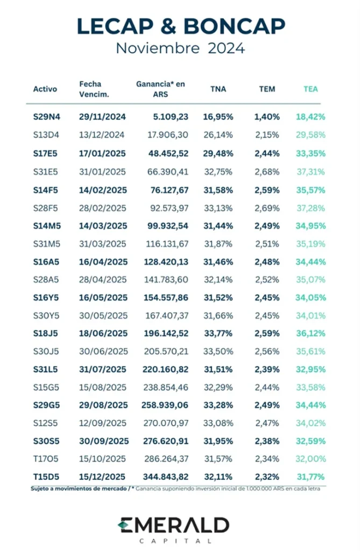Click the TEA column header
(x=311, y=89)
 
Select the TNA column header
(x=218, y=89)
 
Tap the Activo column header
(x=45, y=89)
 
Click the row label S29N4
(x=47, y=117)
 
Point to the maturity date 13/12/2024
(x=102, y=135)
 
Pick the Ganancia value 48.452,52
(x=168, y=153)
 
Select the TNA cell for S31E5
(x=218, y=172)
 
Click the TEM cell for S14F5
(x=267, y=190)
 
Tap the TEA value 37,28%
(x=311, y=208)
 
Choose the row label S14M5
(x=47, y=226)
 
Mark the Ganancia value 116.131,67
(x=167, y=244)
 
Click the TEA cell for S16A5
(x=311, y=262)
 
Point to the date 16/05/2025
(x=103, y=298)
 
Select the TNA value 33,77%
(x=218, y=333)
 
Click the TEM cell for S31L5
(x=267, y=369)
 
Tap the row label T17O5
(x=46, y=458)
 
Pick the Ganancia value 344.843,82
(x=166, y=477)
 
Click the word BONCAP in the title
(x=234, y=26)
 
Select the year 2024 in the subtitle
(x=226, y=48)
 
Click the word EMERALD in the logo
(x=173, y=525)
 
